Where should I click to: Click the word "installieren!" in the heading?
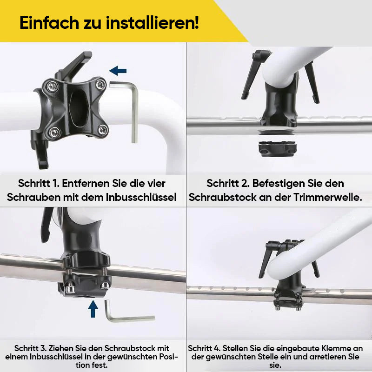coord(153,23)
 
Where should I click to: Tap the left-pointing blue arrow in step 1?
coord(118,71)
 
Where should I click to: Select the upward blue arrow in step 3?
coord(93,309)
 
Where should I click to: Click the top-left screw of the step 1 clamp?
coord(52,86)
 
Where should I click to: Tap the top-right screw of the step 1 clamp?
coord(101,85)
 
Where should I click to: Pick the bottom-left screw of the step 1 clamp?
coord(54,132)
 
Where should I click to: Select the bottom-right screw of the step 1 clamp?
coord(103,130)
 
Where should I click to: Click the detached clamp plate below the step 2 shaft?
coord(277,149)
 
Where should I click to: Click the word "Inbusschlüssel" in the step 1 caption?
coord(141,197)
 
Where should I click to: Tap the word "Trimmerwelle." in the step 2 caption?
coord(328,197)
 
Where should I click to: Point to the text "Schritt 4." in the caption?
coord(204,348)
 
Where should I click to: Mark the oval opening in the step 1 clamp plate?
coord(79,108)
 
